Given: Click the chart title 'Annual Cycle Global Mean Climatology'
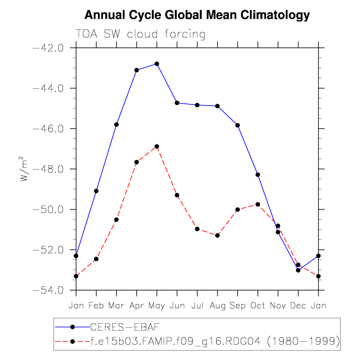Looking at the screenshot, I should click(197, 15).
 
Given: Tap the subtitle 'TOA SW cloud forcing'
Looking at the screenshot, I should click(140, 34).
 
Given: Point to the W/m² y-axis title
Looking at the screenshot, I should click(24, 169).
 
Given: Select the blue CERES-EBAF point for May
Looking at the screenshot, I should click(157, 64).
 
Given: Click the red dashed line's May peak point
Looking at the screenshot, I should click(157, 146).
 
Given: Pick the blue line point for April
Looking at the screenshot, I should click(137, 70).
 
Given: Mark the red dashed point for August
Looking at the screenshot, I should click(218, 235).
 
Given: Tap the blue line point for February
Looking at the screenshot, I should click(96, 191).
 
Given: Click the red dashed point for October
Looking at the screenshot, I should click(258, 204).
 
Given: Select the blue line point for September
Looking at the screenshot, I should click(238, 125).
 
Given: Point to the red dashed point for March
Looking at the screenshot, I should click(117, 220).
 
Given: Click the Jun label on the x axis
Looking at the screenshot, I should click(177, 306).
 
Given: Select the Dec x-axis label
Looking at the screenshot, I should click(298, 306).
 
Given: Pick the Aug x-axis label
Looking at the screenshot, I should click(218, 306).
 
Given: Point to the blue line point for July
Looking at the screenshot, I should click(197, 105).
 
